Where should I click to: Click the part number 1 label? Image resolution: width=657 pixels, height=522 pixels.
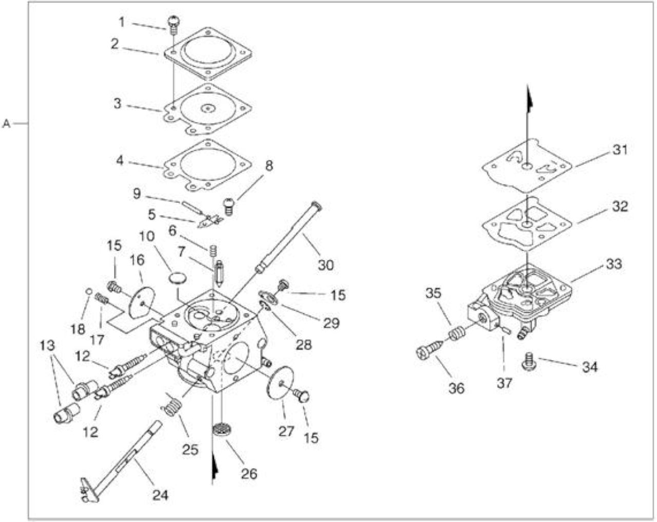tap(122, 22)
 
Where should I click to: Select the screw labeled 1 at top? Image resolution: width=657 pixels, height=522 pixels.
tap(173, 25)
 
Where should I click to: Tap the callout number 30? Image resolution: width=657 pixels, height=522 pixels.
tap(326, 265)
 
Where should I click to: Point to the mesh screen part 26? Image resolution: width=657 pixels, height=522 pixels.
tap(222, 431)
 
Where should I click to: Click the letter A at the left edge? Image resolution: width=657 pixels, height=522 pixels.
tap(6, 124)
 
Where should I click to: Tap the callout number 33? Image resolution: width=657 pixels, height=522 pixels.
tap(614, 264)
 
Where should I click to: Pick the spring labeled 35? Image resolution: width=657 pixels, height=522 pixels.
tap(456, 333)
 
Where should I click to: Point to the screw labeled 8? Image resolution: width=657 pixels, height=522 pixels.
tap(228, 207)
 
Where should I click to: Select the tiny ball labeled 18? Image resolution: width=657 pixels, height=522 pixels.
tap(89, 291)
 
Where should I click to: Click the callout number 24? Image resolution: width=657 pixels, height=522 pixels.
tap(160, 495)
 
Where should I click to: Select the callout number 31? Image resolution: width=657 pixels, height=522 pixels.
tap(620, 150)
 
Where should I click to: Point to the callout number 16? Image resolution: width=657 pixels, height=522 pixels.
tap(137, 260)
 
